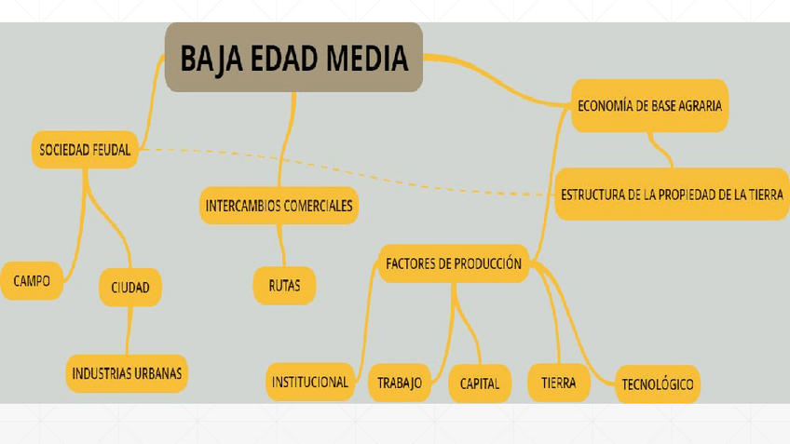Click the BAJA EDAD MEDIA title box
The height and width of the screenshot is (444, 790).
(293, 58)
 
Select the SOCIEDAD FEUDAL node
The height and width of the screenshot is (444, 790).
(85, 149)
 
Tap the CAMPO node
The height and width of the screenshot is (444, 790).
(32, 280)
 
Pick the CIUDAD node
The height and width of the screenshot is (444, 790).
(130, 287)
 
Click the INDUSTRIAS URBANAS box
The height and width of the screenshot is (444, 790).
(127, 373)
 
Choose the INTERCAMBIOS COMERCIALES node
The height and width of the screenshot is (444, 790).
(279, 206)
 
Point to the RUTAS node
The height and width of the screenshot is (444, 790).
(284, 286)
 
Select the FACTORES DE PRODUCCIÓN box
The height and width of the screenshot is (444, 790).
(454, 263)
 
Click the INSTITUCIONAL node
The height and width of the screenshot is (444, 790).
(310, 382)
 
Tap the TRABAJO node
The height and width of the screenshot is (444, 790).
(400, 383)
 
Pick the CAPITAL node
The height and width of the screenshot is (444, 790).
(480, 383)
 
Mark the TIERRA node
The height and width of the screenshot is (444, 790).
(558, 383)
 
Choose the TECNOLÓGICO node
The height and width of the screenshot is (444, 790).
(658, 383)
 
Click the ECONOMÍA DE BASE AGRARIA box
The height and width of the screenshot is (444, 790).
(649, 105)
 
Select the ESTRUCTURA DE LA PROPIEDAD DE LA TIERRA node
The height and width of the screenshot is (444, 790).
(672, 195)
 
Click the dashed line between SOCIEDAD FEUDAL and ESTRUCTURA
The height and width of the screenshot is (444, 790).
(373, 173)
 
